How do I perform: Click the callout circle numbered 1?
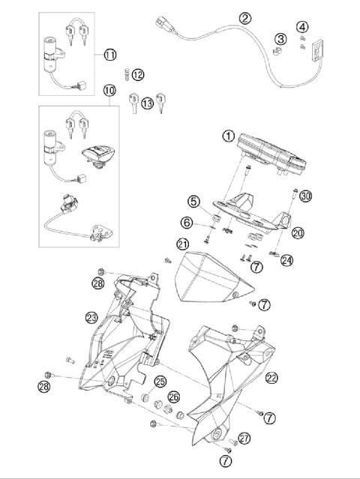(x=228, y=136)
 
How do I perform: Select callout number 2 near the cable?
(x=245, y=17)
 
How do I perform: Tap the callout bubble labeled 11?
(x=109, y=55)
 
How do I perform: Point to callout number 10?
(x=109, y=91)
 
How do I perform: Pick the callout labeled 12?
(x=138, y=74)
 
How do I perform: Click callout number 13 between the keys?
(x=147, y=102)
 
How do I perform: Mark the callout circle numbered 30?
(x=304, y=196)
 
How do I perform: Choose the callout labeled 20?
(x=298, y=233)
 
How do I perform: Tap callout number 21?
(x=182, y=244)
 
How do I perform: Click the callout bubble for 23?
(x=92, y=317)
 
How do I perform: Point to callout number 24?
(x=288, y=260)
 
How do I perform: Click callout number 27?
(x=244, y=438)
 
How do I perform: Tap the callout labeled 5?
(x=194, y=201)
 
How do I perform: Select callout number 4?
(x=301, y=28)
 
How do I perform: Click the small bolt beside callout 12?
(x=125, y=73)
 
